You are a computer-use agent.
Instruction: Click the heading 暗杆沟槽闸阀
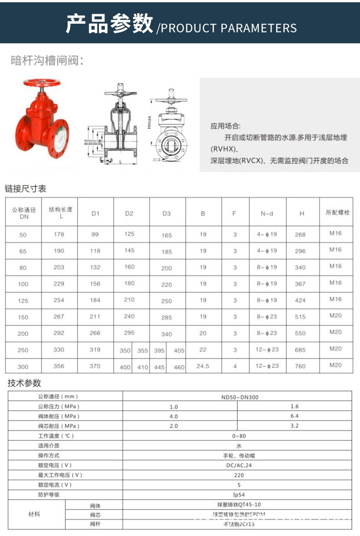click(47, 60)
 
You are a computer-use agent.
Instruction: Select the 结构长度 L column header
click(60, 212)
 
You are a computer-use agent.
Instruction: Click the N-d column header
click(267, 213)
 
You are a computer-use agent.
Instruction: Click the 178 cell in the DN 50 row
click(59, 234)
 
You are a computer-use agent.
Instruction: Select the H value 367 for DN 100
click(300, 284)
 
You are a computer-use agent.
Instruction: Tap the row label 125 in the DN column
click(23, 300)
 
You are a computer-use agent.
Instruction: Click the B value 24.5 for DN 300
click(203, 366)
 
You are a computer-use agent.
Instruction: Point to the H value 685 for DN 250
click(300, 350)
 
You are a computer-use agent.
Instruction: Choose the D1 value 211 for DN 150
click(95, 317)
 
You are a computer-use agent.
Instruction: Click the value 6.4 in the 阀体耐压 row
click(294, 416)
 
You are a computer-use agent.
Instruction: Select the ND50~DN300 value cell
click(239, 397)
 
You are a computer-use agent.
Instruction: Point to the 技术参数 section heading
click(24, 383)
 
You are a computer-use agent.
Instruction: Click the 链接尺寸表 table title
click(26, 188)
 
